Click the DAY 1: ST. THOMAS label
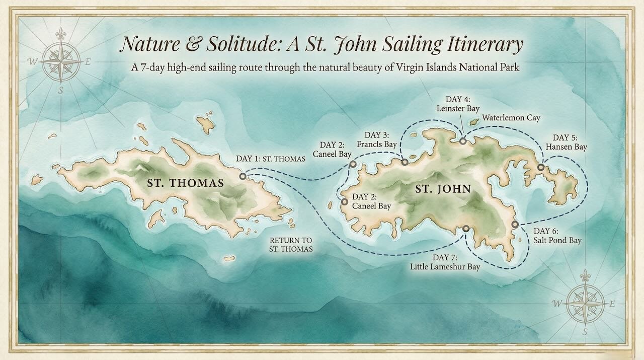click(271, 159)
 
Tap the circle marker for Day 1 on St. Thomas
click(243, 176)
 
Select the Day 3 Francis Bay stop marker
click(405, 162)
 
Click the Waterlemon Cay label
click(511, 118)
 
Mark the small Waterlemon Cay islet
click(473, 122)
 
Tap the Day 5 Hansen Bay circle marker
click(540, 167)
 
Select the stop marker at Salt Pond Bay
click(514, 224)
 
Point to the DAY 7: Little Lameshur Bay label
click(444, 262)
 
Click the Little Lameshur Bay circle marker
click(466, 229)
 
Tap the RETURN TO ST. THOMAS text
click(291, 245)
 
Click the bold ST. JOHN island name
click(443, 190)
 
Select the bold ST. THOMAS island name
click(185, 183)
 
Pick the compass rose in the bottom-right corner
click(585, 304)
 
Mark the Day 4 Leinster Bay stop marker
click(462, 141)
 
